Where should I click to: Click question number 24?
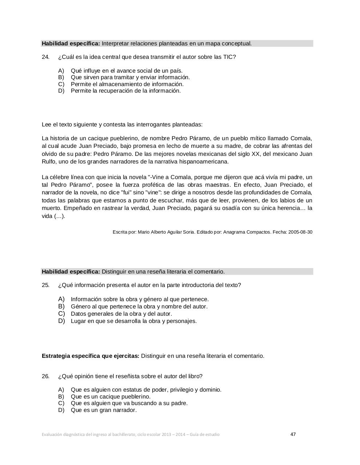[45, 57]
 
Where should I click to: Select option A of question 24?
[61, 70]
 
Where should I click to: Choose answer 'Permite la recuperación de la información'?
[125, 91]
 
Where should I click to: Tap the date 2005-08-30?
[300, 232]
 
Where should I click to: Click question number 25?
[45, 285]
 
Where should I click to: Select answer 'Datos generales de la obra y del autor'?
[121, 314]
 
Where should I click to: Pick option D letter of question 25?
[61, 321]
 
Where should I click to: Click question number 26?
[45, 376]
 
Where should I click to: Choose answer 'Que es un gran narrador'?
[104, 410]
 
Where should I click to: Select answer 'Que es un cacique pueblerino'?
[111, 397]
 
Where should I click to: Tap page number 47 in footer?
[293, 434]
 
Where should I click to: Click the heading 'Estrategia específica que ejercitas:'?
[91, 356]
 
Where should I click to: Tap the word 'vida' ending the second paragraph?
[47, 216]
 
